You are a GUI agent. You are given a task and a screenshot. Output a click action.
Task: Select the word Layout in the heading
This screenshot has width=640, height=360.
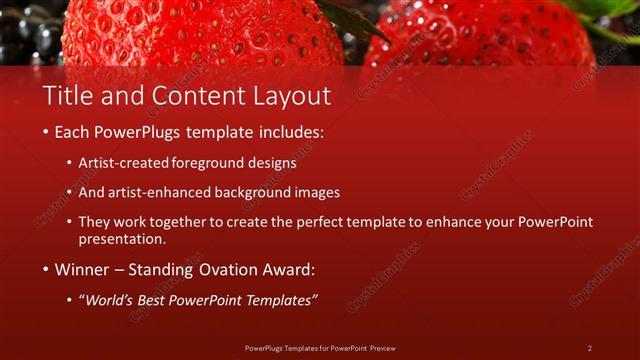(x=290, y=97)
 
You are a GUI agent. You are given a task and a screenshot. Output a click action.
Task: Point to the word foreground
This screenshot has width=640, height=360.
(x=209, y=162)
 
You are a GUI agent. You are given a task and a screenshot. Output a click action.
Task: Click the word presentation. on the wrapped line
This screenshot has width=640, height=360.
(x=122, y=240)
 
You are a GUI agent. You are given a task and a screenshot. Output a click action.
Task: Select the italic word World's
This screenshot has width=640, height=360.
(x=112, y=300)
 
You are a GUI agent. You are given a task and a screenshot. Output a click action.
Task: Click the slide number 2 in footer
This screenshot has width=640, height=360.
(x=590, y=348)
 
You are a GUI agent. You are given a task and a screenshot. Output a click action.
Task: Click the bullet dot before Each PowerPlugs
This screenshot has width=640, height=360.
(x=46, y=132)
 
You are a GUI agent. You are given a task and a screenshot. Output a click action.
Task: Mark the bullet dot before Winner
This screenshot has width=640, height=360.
(x=46, y=270)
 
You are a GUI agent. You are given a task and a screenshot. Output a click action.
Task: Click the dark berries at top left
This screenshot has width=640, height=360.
(x=30, y=35)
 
